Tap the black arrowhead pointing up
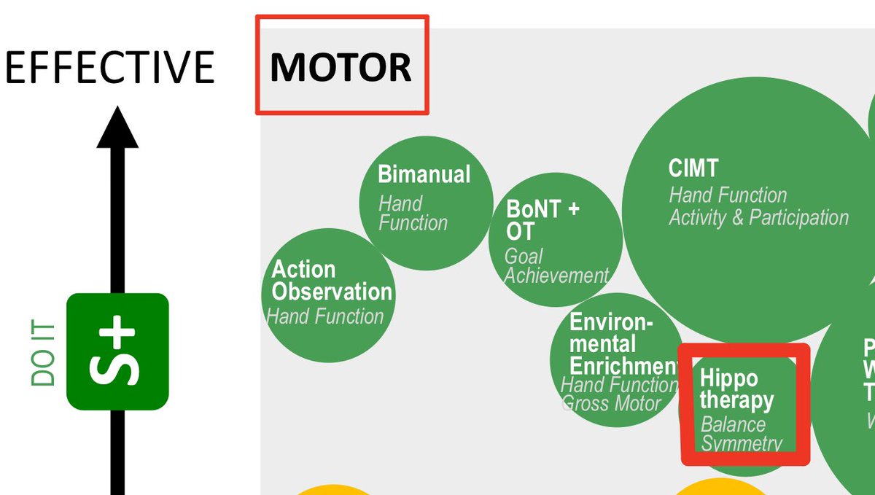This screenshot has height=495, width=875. [x=117, y=128]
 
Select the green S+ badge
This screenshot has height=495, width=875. [x=117, y=351]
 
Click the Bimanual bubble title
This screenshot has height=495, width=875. [x=424, y=174]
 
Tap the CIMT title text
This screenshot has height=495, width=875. [x=693, y=168]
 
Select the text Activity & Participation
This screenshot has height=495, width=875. [x=758, y=217]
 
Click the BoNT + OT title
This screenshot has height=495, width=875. [x=542, y=220]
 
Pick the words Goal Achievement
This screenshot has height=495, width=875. [x=556, y=266]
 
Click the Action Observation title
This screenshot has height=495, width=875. [x=331, y=281]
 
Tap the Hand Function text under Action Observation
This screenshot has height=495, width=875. [x=325, y=316]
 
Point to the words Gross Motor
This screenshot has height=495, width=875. [x=612, y=403]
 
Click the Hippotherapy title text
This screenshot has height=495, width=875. [x=736, y=389]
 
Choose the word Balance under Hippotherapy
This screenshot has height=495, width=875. [x=733, y=424]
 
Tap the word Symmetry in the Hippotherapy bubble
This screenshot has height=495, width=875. [x=741, y=443]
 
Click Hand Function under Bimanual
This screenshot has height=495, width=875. [x=412, y=213]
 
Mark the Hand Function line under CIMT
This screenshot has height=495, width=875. [x=728, y=195]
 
